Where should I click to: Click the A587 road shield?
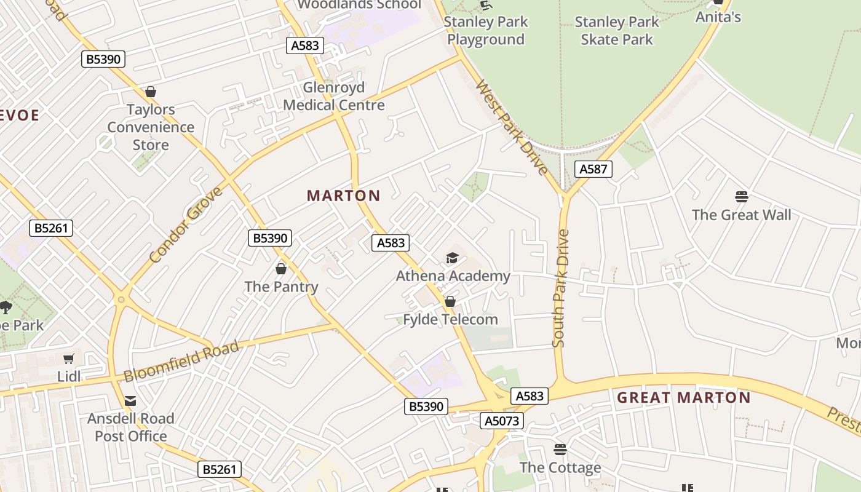pos(593,169)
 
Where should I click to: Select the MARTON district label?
pos(344,196)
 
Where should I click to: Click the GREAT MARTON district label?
pos(684,397)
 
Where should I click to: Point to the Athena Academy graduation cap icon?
pos(453,258)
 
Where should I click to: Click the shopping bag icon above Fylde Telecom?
pos(450,301)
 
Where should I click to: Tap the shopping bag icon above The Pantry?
pos(281,269)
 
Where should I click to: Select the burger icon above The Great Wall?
pos(742,197)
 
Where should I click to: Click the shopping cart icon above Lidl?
pos(69,359)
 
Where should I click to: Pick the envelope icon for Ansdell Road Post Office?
pos(130,401)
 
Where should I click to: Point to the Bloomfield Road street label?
pos(181,362)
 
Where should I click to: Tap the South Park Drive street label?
pos(560,289)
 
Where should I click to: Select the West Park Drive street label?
pos(512,128)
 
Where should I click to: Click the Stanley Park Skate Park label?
pos(616,31)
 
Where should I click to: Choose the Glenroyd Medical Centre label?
pos(334,96)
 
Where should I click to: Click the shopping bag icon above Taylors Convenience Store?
pos(151,92)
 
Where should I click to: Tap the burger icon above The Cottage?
pos(560,450)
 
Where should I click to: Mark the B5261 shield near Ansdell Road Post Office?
pos(220,469)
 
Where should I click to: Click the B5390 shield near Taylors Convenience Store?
pos(103,59)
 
